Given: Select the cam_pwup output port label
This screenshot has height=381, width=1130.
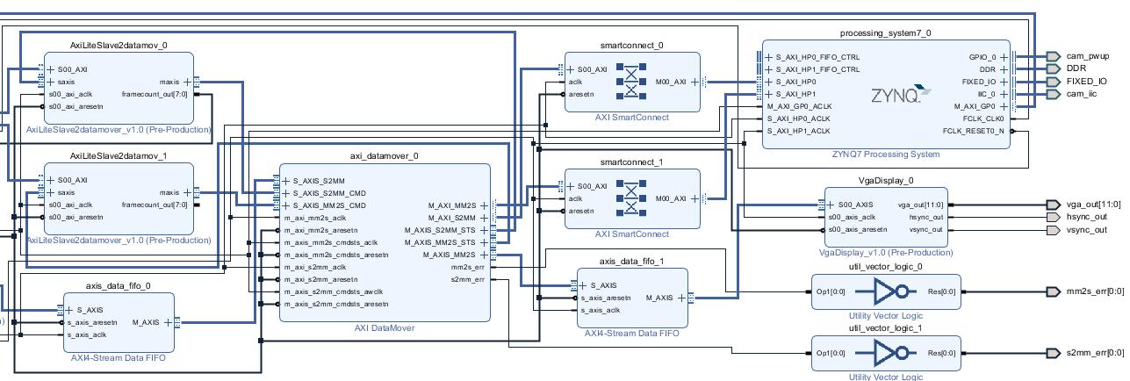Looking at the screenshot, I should click(x=1087, y=56).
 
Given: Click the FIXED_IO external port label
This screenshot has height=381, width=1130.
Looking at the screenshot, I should click(x=1086, y=82).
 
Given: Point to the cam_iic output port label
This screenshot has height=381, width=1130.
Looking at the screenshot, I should click(x=1081, y=94).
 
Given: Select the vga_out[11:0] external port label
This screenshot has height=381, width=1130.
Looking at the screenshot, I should click(x=1094, y=205).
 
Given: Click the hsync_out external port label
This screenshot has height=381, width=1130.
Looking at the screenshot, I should click(x=1087, y=217).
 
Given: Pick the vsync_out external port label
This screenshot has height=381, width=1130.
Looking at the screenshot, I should click(x=1087, y=230).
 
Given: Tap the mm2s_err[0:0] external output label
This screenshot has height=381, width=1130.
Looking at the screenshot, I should click(x=1094, y=291).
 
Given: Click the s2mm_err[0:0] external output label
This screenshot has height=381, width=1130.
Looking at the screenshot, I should click(x=1094, y=353).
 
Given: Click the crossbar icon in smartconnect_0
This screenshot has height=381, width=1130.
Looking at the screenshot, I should click(x=630, y=82).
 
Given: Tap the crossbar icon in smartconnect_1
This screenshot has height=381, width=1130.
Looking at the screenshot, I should click(x=630, y=198).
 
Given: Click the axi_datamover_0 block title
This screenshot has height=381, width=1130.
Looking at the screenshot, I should click(x=384, y=156).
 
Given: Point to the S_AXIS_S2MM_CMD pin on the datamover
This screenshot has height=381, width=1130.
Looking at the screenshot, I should click(x=328, y=193).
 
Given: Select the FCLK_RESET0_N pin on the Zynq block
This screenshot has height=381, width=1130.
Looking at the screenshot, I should click(x=973, y=131).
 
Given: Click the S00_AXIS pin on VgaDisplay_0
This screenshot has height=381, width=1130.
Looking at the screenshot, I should click(x=853, y=205).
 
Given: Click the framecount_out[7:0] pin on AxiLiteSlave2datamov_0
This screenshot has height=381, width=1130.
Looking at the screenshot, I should click(x=154, y=94).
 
